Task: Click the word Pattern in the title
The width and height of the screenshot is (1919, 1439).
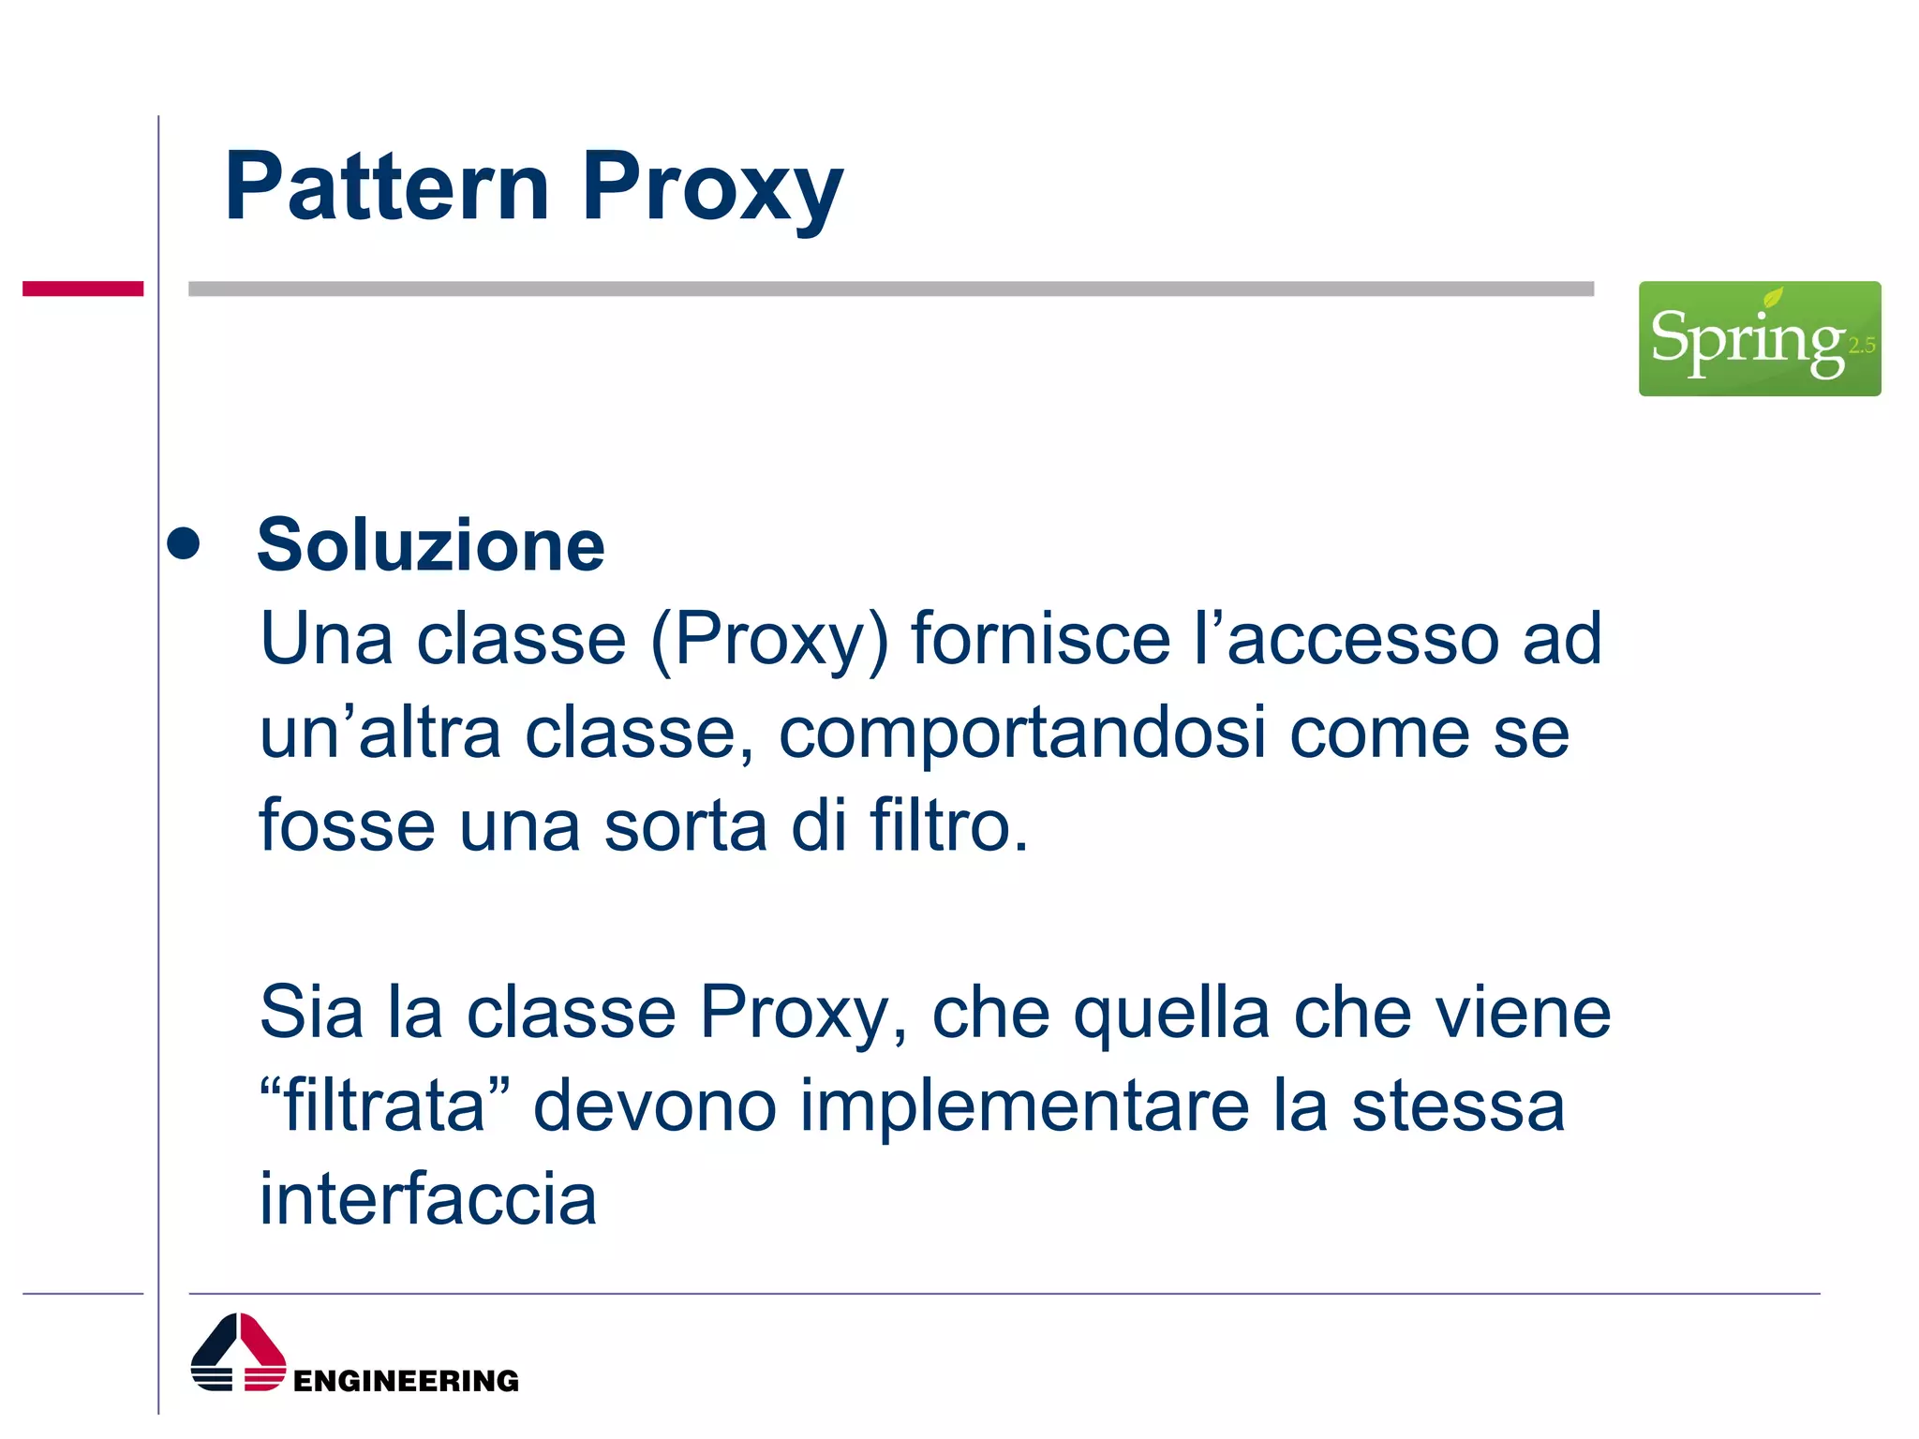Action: [386, 187]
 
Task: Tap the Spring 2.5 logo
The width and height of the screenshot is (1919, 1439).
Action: [1759, 338]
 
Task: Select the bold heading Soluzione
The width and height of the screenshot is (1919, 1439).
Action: [431, 545]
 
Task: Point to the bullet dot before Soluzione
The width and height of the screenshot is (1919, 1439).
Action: [184, 543]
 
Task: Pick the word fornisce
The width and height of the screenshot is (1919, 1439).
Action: [1041, 639]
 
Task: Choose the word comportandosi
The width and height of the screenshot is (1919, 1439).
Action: [1022, 733]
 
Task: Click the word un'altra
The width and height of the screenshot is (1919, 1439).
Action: [379, 733]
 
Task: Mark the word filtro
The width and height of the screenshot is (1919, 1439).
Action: [948, 826]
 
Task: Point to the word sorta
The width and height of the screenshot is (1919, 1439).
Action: [685, 826]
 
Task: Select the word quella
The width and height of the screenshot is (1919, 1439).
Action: [1171, 1014]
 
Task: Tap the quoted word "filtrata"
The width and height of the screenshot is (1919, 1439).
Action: [385, 1105]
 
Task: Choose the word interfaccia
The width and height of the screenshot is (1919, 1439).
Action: [427, 1199]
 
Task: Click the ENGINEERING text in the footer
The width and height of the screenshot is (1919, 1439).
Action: [406, 1381]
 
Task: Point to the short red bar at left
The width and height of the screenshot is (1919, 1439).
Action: [82, 289]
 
